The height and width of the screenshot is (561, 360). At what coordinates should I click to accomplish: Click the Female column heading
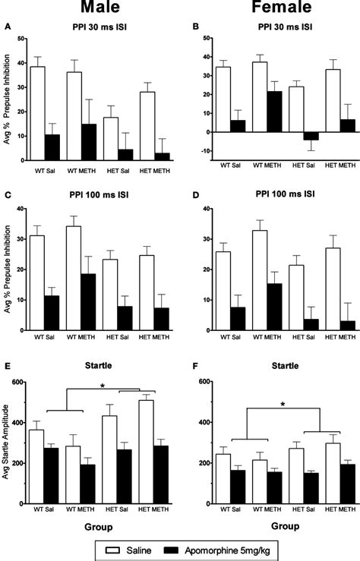[x=273, y=9]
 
